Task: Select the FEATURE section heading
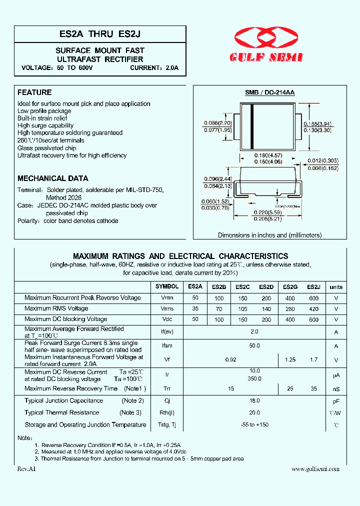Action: click(x=34, y=92)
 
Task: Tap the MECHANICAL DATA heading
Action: click(x=53, y=178)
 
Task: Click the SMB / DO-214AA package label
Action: click(x=269, y=93)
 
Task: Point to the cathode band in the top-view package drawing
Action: click(x=251, y=126)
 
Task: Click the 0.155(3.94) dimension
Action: click(x=317, y=123)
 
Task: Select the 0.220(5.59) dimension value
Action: click(x=267, y=212)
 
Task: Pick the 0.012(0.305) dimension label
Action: click(x=323, y=161)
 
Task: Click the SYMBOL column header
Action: click(x=167, y=287)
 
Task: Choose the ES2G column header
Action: click(x=290, y=287)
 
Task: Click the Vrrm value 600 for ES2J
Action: click(x=313, y=298)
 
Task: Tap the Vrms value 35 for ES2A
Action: click(x=195, y=308)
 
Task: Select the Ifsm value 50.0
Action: click(x=254, y=346)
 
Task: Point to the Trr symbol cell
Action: click(x=167, y=389)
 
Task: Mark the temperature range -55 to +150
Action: click(x=254, y=425)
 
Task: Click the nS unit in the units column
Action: click(x=336, y=389)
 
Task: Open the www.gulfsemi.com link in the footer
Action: click(x=315, y=468)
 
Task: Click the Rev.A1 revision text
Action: click(x=27, y=468)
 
